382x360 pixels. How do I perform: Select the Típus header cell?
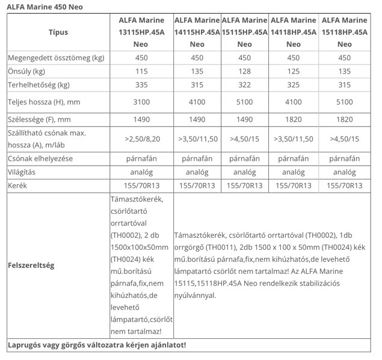coord(58,33)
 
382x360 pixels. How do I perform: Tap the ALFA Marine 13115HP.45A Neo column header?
coord(141,33)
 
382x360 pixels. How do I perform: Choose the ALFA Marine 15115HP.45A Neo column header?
coord(245,33)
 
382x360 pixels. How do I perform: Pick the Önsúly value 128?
coord(245,72)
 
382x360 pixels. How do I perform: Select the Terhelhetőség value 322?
coord(245,85)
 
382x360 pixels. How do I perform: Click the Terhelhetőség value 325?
coord(294,85)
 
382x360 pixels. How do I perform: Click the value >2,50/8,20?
coord(141,139)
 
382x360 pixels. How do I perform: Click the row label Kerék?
coord(19,185)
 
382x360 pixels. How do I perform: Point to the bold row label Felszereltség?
coord(31,265)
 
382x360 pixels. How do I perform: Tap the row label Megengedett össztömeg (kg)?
coord(56,58)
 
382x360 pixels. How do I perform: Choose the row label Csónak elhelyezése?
coord(40,159)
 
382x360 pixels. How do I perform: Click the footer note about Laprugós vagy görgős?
coord(96,345)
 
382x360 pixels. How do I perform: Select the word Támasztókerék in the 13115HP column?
coord(137,199)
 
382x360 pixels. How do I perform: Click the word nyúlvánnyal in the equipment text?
coord(195,296)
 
